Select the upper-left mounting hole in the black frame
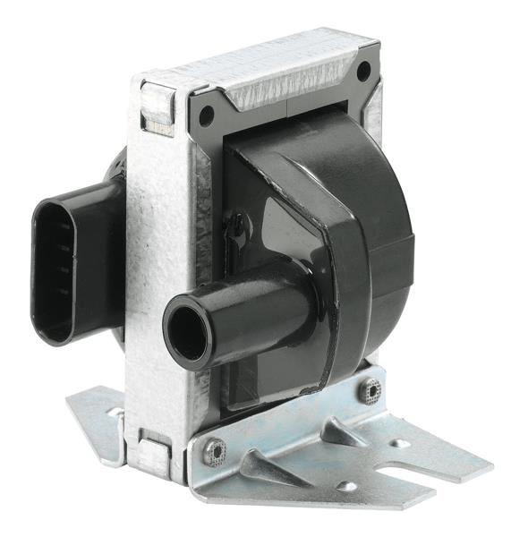[x=207, y=115]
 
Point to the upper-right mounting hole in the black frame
[x=363, y=72]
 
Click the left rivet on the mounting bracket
[x=215, y=452]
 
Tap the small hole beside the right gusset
[x=399, y=443]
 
